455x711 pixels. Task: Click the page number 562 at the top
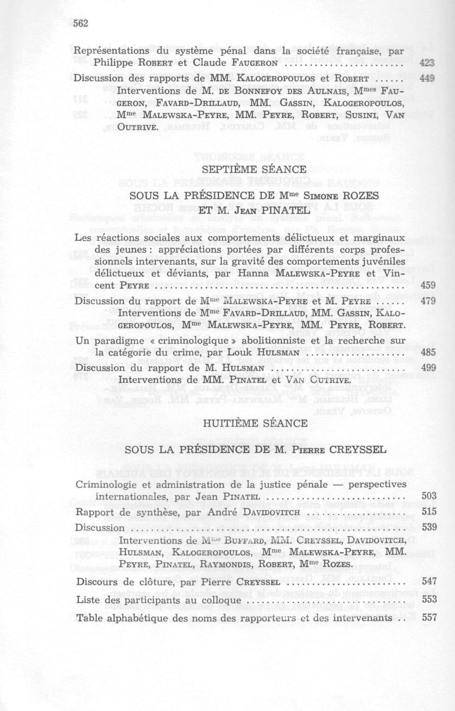click(x=81, y=24)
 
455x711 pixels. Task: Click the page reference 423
click(x=427, y=63)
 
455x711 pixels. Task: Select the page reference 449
click(x=427, y=78)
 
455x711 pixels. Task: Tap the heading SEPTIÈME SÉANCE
click(x=254, y=169)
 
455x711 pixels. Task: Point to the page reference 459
click(x=428, y=285)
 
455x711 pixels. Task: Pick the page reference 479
click(x=428, y=301)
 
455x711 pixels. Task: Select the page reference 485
click(x=429, y=352)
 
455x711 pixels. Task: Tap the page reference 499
click(x=429, y=368)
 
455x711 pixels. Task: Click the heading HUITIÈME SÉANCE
click(x=255, y=423)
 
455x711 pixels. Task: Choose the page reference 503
click(x=429, y=496)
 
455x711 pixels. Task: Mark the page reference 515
click(x=429, y=511)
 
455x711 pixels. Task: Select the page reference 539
click(x=429, y=527)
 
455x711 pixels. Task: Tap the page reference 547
click(x=430, y=581)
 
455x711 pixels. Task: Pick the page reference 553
click(x=430, y=599)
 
